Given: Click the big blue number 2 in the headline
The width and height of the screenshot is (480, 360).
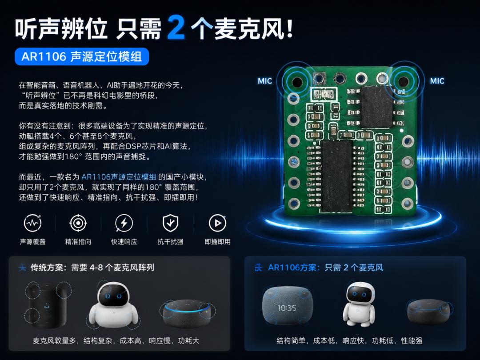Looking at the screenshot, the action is [x=176, y=28].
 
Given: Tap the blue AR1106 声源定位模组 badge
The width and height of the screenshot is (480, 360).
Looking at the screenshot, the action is [x=82, y=56].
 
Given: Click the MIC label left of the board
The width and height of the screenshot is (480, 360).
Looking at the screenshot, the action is [x=265, y=81].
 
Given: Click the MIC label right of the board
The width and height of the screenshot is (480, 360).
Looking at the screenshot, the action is [x=437, y=81].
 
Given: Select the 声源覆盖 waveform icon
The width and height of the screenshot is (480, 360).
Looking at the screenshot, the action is [x=33, y=223].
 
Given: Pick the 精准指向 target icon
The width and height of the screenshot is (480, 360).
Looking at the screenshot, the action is [x=78, y=223].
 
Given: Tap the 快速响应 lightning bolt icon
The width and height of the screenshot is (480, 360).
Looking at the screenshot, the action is [x=124, y=223].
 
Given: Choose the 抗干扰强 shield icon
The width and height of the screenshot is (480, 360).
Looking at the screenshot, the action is [x=170, y=223].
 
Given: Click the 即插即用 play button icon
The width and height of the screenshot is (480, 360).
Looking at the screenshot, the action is [x=217, y=223].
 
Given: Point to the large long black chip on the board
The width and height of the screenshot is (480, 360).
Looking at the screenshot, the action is [x=336, y=176].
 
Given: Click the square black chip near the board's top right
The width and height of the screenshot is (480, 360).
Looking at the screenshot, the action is [x=377, y=107].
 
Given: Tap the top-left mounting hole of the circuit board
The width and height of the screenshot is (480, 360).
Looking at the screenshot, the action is [x=297, y=82].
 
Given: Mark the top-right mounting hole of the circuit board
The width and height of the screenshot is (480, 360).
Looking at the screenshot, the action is [x=403, y=81].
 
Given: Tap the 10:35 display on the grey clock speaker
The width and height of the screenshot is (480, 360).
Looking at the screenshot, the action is [x=287, y=308].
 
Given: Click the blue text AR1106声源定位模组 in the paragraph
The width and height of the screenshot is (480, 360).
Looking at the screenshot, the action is [x=119, y=177].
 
